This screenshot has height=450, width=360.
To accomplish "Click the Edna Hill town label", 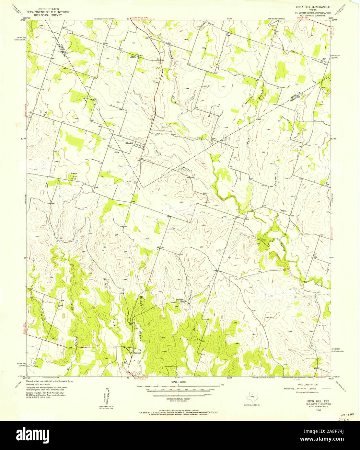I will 130,143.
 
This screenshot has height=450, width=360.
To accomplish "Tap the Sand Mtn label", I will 74,175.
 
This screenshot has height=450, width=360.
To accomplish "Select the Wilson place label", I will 284,211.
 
